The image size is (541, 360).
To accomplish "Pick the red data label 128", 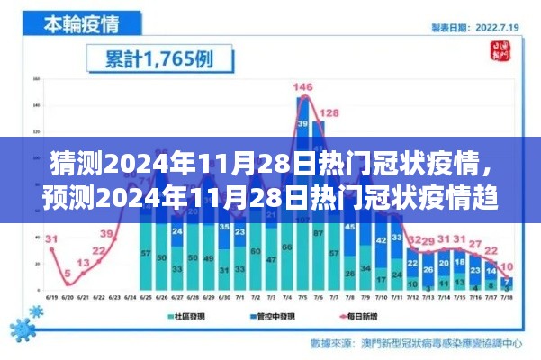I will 329,112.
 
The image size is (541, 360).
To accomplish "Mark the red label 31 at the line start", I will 51,239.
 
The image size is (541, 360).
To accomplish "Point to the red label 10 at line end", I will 508,265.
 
